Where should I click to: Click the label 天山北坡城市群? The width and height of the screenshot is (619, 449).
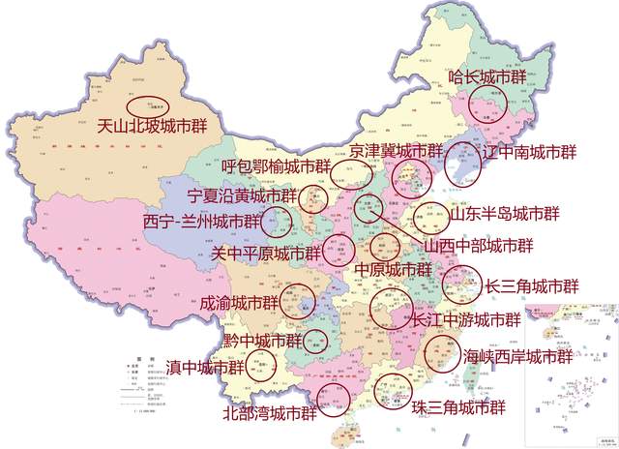click(x=159, y=125)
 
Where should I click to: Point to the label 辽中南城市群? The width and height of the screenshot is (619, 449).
click(x=528, y=152)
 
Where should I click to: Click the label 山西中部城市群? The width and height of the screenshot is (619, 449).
click(x=480, y=246)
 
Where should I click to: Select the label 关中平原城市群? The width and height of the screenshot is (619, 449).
click(x=265, y=253)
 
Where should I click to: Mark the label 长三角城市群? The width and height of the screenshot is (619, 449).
click(x=532, y=286)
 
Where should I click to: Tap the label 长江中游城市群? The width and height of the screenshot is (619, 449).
click(x=466, y=320)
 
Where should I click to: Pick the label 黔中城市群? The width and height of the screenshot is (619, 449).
click(x=262, y=341)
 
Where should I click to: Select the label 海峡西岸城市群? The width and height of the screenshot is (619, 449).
click(x=517, y=356)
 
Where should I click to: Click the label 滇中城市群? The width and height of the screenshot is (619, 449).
click(x=206, y=367)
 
